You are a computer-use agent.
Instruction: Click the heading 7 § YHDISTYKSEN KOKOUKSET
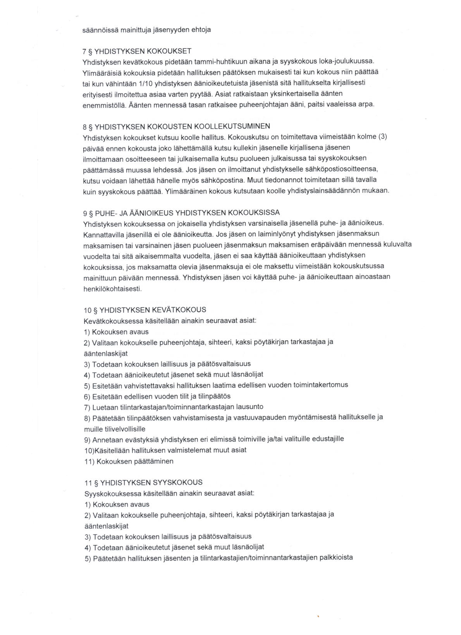pos(137,51)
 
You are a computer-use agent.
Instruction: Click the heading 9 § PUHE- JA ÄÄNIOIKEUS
pos(181,213)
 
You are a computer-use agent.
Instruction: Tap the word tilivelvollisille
pos(114,429)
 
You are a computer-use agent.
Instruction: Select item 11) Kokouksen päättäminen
pos(129,461)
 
